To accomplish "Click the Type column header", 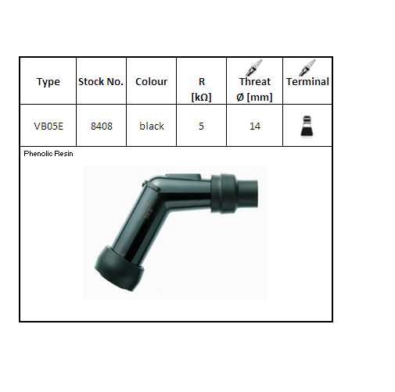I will (x=48, y=82).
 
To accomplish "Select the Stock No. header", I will (x=101, y=82).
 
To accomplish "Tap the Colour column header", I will (x=152, y=82).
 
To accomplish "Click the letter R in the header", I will (x=202, y=80).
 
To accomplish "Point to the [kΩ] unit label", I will (x=202, y=96).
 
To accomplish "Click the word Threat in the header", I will (x=255, y=81).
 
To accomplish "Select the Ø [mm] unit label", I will (x=255, y=96).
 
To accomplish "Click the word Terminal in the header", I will (x=307, y=81).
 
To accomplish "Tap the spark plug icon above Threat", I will (x=254, y=67).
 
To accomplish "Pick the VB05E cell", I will (x=48, y=126).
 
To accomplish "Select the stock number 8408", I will (x=101, y=126).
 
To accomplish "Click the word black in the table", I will (x=152, y=126).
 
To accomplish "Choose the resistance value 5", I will (x=202, y=126).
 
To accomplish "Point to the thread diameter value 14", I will (x=255, y=126).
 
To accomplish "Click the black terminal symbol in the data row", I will (x=307, y=126).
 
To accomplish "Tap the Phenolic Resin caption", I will (x=49, y=154).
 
